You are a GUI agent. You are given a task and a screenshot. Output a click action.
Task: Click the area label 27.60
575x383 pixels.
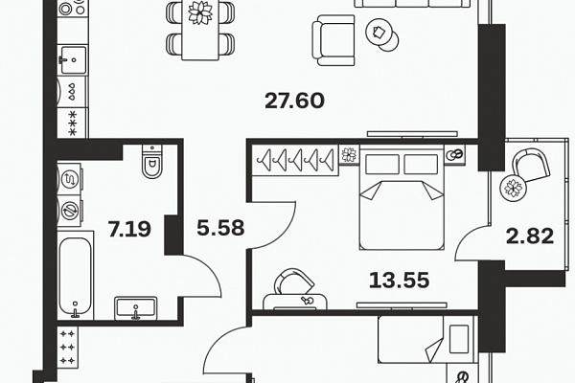(294, 101)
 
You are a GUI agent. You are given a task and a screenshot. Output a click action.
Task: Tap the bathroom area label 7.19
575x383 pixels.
(129, 229)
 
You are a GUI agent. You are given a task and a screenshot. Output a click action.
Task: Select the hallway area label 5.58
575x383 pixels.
(220, 227)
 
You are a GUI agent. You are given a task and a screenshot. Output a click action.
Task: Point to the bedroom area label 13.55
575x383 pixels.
(399, 281)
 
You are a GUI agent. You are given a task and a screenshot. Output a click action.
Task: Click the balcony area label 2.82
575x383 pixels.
(530, 237)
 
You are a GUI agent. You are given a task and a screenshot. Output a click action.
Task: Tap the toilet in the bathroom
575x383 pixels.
(152, 162)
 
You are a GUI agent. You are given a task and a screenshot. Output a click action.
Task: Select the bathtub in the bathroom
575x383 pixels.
(75, 276)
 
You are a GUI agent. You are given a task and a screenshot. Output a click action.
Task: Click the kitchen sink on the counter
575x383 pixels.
(74, 59)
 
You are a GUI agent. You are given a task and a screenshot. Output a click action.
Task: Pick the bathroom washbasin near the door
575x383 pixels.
(136, 308)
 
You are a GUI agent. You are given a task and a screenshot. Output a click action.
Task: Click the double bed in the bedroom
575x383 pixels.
(402, 197)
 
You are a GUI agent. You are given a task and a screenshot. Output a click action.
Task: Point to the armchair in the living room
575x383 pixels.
(333, 40)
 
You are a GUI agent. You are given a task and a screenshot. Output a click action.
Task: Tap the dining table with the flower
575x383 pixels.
(200, 30)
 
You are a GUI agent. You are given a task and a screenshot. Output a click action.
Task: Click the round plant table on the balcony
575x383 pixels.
(513, 188)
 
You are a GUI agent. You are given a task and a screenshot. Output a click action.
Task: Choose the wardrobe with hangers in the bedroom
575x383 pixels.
(295, 160)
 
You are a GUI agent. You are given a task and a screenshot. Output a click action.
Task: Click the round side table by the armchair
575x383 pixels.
(382, 34)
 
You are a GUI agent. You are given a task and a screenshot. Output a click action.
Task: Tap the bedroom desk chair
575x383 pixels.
(294, 282)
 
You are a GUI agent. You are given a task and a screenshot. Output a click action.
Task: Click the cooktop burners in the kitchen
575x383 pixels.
(73, 8)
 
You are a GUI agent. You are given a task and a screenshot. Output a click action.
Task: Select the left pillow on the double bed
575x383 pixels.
(382, 165)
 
